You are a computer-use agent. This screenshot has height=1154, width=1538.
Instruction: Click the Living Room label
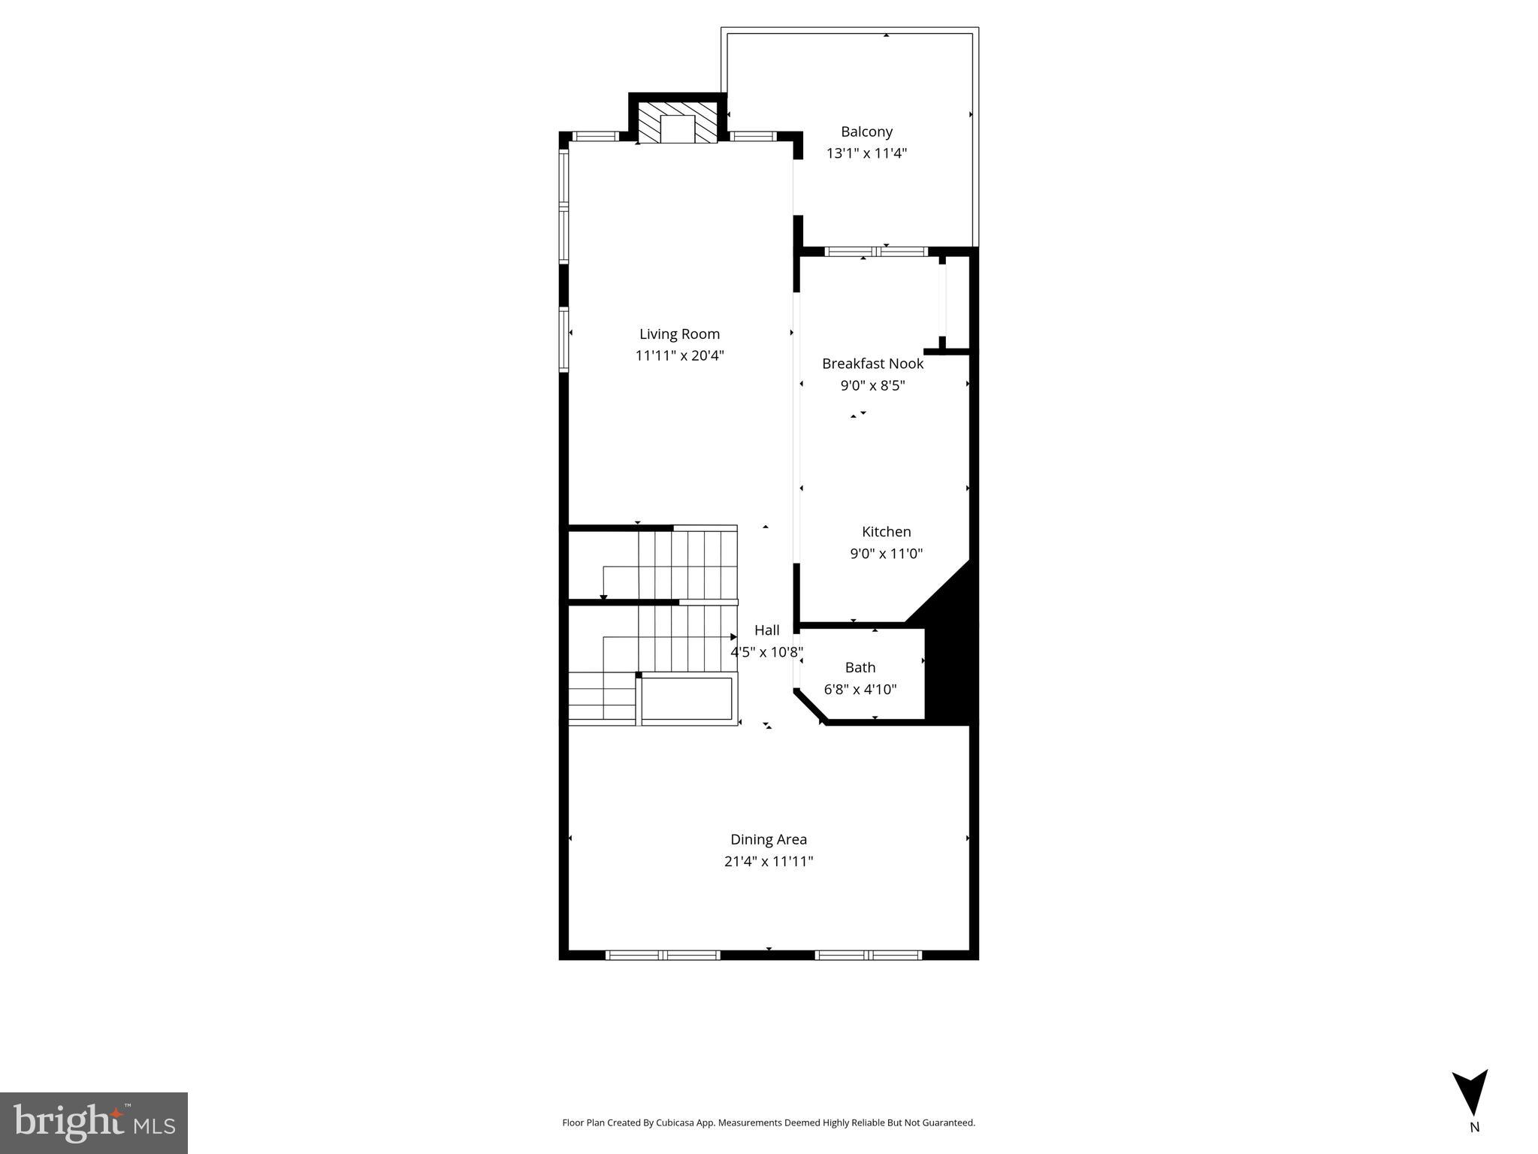(679, 334)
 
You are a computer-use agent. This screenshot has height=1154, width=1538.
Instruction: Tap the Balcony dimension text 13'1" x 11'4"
(866, 153)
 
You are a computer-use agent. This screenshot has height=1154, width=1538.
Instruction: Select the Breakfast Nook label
(872, 364)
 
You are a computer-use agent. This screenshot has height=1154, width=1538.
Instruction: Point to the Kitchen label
(886, 532)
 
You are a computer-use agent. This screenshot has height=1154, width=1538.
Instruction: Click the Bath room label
(860, 667)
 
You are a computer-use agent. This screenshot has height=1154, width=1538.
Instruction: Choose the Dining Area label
(768, 839)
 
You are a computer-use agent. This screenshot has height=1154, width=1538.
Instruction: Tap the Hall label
(766, 630)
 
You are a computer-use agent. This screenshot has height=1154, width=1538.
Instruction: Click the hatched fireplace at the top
(678, 123)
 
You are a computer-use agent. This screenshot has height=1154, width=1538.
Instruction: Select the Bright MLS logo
(94, 1122)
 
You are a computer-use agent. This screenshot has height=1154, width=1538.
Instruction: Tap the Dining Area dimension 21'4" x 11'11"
(768, 862)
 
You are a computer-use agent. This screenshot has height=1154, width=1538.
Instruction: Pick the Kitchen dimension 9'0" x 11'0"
(886, 554)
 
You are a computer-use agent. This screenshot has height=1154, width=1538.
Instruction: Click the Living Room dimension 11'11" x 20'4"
(679, 356)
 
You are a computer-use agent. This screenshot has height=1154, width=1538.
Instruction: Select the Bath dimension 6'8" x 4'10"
(860, 689)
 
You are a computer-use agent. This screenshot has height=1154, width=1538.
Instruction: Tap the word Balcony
(866, 131)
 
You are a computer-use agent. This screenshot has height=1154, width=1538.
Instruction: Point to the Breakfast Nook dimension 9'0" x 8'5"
(872, 386)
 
